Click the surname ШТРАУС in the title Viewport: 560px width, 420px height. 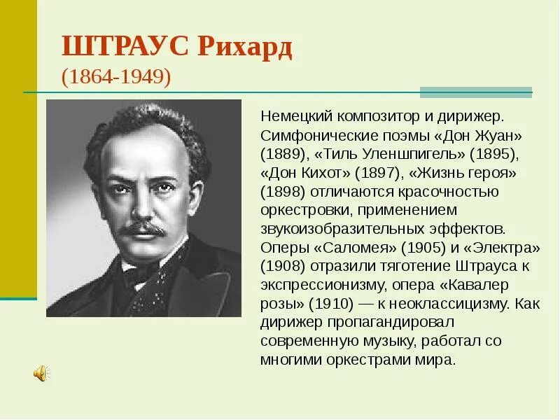[125, 48]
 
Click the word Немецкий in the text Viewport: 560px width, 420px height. [294, 115]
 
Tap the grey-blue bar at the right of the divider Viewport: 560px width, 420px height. [475, 92]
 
